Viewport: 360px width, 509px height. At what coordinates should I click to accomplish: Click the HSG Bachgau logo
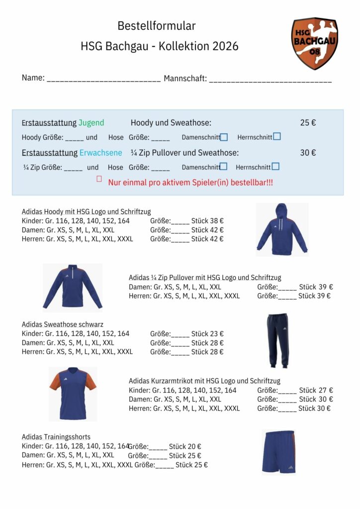pos(314,43)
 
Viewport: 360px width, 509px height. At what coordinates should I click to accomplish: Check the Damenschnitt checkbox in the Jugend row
pos(224,137)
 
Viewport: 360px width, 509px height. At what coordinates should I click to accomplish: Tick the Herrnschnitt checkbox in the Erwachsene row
pos(275,167)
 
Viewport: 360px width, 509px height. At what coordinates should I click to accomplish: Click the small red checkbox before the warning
pos(99,179)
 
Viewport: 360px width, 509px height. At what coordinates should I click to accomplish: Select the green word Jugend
pos(91,123)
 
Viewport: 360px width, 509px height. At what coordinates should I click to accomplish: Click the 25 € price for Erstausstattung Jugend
pos(308,123)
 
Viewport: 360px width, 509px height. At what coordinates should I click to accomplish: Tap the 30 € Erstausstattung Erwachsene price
pos(308,153)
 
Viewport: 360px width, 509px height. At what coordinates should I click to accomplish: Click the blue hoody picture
pos(282,229)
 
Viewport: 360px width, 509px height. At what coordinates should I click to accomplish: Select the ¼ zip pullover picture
pos(73,287)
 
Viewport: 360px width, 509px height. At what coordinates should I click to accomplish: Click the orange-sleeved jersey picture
pos(73,394)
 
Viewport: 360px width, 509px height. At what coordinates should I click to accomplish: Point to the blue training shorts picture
pos(278,452)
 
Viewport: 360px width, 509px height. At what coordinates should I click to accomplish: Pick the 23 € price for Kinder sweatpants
pos(217,334)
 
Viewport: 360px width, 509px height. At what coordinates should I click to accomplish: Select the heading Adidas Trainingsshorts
pos(56,437)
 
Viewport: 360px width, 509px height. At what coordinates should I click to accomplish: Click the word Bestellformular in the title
pos(157,26)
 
